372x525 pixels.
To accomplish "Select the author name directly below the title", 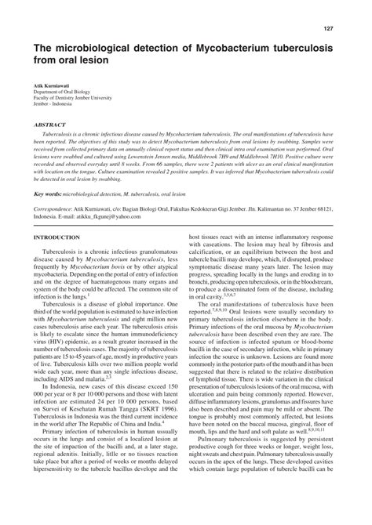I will [52, 81].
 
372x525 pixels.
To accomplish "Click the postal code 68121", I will [331, 210].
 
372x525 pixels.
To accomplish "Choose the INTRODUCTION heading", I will [57, 237].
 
